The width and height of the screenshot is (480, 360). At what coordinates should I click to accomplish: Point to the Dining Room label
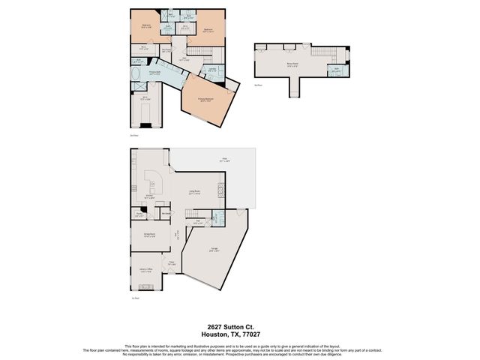click(x=148, y=235)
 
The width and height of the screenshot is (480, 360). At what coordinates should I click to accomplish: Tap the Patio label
click(x=223, y=159)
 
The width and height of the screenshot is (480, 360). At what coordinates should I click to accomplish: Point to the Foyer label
click(x=172, y=263)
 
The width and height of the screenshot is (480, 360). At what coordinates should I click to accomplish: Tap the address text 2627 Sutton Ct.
click(x=239, y=327)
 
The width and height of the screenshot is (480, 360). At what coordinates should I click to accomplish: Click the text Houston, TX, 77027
click(x=239, y=334)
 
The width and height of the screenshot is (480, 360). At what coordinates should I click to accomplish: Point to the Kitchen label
click(x=150, y=198)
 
